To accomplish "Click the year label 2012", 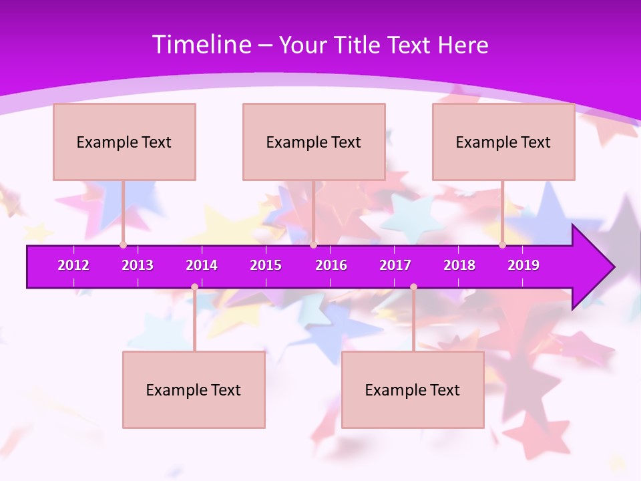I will (73, 265).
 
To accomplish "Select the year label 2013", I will (138, 265).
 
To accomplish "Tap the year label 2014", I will (202, 265).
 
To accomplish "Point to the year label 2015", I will (266, 265).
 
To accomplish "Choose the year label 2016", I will (331, 265).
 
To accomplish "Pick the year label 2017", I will (395, 265).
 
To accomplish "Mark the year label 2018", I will (459, 265).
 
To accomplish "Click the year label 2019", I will (523, 265).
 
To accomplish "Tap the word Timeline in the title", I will (201, 45).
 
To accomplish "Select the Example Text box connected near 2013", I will (124, 142).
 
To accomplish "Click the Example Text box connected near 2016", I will (314, 142).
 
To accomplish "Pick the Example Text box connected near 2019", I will (503, 142).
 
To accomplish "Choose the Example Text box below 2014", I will (194, 389).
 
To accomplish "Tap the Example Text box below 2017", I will (413, 389).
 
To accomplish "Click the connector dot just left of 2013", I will (123, 245).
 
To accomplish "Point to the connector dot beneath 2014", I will (194, 287).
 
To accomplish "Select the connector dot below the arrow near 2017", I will (413, 287).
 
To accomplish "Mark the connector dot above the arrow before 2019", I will (502, 245).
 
